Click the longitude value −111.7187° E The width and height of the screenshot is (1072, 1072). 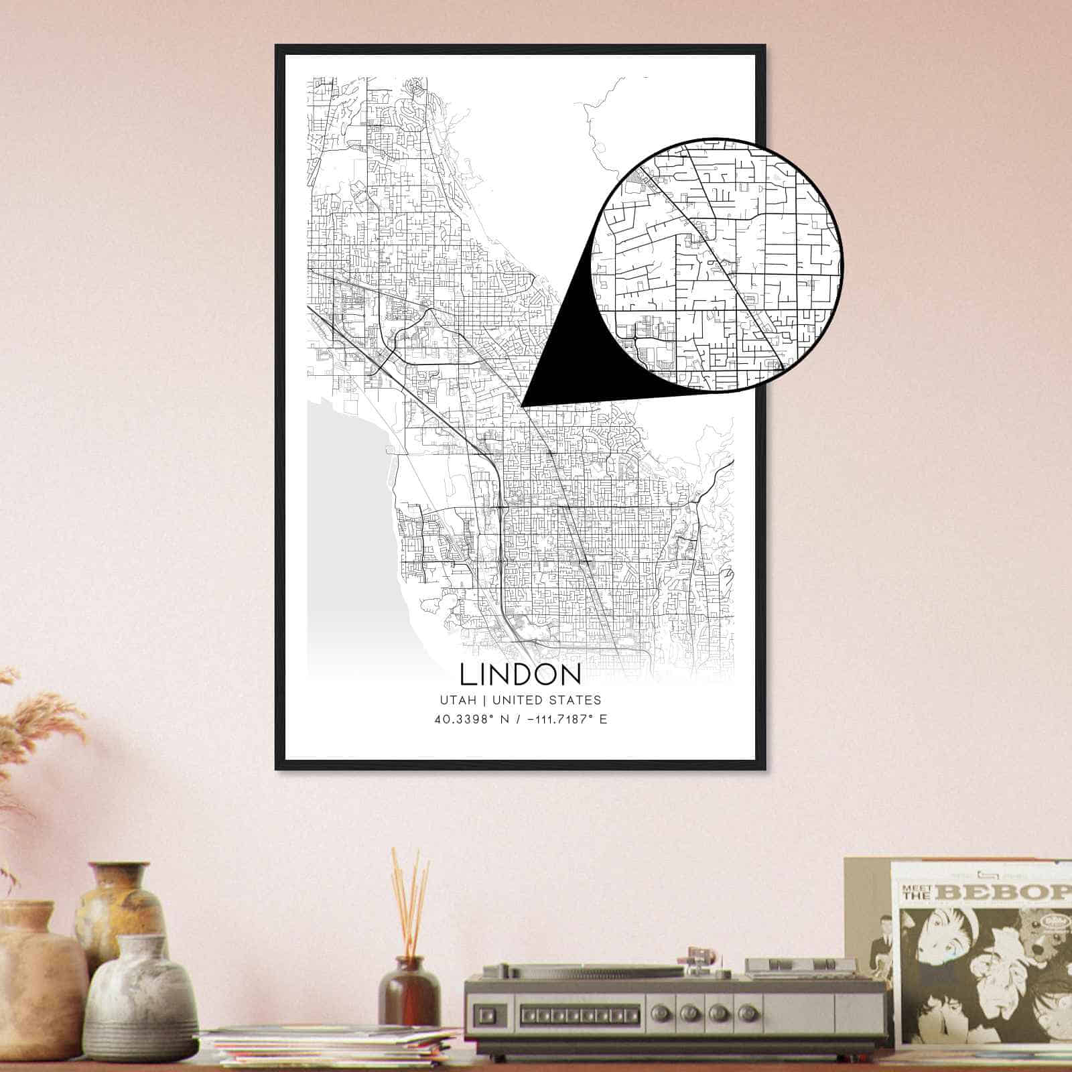tap(562, 720)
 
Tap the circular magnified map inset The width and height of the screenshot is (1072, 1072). tap(717, 265)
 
